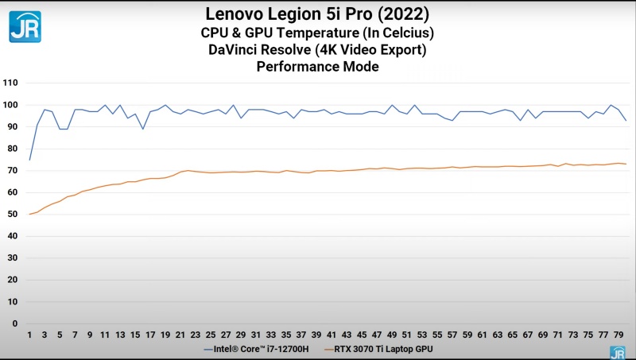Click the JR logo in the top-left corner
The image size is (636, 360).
pos(25,26)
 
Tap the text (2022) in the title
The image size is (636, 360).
pos(406,14)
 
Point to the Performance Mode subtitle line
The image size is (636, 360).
pos(317,68)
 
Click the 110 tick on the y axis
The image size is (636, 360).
pos(10,83)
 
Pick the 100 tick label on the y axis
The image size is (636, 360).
pos(10,105)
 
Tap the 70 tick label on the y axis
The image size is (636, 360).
pos(13,171)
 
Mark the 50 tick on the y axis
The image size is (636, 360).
pos(13,215)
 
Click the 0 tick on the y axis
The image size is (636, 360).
pos(15,323)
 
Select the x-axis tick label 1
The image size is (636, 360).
pos(29,335)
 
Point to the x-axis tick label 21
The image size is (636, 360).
pos(180,335)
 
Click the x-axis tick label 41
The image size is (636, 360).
pos(332,335)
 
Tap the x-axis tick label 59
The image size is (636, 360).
pos(467,335)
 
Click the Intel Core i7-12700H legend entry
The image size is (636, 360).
pos(258,349)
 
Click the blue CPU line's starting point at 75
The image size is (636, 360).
pos(30,160)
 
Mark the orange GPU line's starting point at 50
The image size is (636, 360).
pos(30,215)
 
